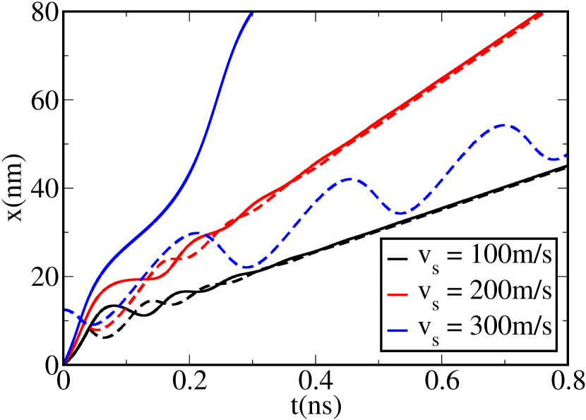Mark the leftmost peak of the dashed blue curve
point(193,233)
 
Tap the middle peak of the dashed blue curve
point(351,179)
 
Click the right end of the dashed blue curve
point(567,155)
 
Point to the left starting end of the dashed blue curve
point(66,309)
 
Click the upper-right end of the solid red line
point(542,13)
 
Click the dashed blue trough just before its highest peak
point(400,213)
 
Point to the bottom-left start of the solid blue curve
point(66,362)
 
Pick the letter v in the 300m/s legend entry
point(424,325)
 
